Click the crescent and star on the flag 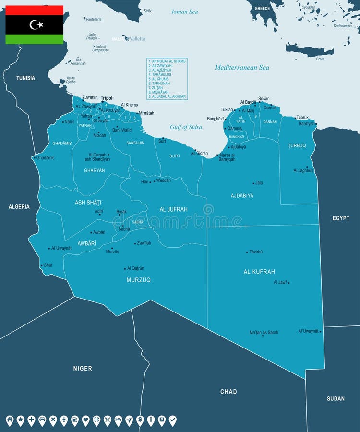pos(35,24)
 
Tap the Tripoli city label pos(107,97)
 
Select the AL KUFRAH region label pos(259,272)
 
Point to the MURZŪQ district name pos(139,280)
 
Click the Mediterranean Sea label pos(242,68)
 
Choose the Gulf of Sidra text pos(186,127)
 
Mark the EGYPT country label pos(341,218)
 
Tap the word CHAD pos(228,392)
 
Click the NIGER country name pos(83,369)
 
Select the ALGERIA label pos(19,207)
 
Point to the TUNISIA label pos(25,78)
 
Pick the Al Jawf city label pos(280,282)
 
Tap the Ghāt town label pos(48,265)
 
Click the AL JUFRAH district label pos(173,209)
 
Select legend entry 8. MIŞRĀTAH pos(161,92)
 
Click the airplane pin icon pos(64,420)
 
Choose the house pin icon pos(10,420)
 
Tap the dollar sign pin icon pos(140,420)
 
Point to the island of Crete pos(310,50)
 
